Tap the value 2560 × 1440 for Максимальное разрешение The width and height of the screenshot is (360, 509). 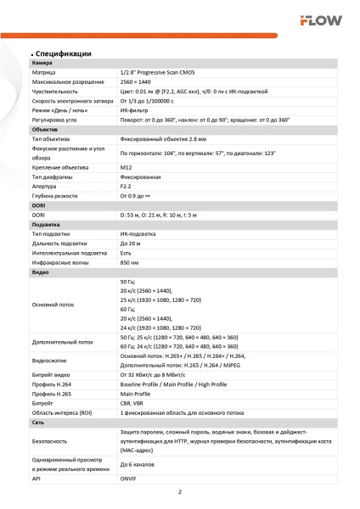(x=138, y=81)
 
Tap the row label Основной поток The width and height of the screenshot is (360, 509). (x=53, y=304)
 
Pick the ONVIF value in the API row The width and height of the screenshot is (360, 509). (x=130, y=478)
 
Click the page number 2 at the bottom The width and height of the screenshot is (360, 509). (x=180, y=493)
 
